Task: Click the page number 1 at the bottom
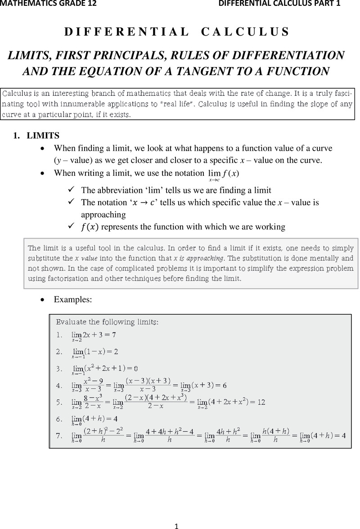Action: (x=177, y=525)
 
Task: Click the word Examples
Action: (x=73, y=300)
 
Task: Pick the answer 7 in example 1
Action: (x=114, y=335)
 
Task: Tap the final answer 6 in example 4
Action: (x=224, y=386)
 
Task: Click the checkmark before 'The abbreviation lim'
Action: (x=71, y=189)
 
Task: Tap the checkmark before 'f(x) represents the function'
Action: (x=71, y=226)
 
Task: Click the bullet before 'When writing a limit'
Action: (x=43, y=173)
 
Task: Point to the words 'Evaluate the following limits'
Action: (x=107, y=322)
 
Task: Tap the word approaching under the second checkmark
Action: (x=103, y=215)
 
